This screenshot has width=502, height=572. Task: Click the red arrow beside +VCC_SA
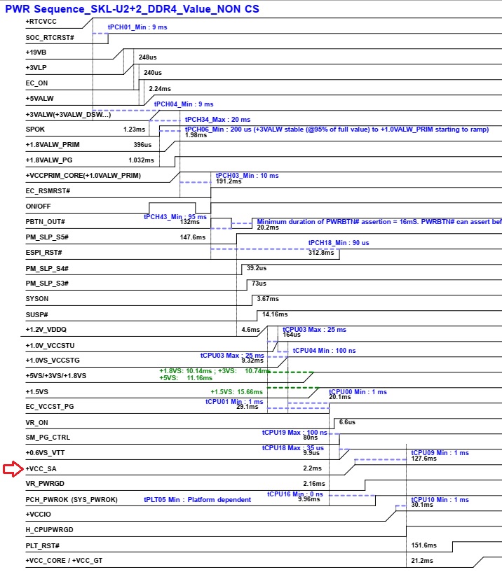(13, 468)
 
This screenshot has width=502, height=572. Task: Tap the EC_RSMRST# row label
(48, 190)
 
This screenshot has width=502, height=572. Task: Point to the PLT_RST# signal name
(42, 545)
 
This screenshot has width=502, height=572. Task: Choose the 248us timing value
(147, 57)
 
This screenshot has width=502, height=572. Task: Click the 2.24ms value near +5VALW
(160, 89)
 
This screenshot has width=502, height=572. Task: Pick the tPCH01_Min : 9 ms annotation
(137, 27)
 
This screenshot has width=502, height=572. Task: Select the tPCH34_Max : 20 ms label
(217, 120)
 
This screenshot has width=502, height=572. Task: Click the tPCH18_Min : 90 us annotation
(339, 242)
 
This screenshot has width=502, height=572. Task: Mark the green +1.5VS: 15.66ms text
(236, 391)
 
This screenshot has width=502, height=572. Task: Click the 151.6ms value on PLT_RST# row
(423, 545)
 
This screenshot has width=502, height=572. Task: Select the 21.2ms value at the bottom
(421, 561)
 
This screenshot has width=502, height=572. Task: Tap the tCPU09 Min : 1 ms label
(440, 452)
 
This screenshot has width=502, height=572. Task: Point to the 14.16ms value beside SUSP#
(275, 314)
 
